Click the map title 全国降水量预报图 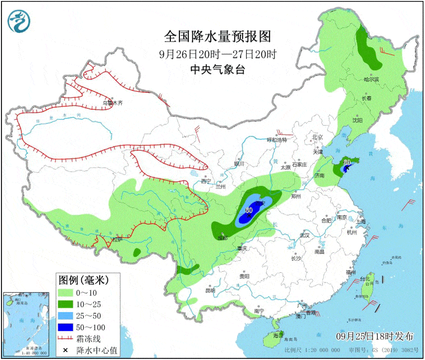pos(218,36)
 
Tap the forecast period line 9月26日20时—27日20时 pos(218,54)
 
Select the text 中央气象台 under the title pos(218,70)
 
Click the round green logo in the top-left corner pos(19,21)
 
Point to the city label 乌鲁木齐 pos(112,103)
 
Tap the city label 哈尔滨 pos(371,79)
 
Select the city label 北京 pos(317,137)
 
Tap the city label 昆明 pos(210,290)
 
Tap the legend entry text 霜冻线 pos(89,338)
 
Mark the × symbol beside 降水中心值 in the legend pos(65,349)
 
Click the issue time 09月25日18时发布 pos(375,335)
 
